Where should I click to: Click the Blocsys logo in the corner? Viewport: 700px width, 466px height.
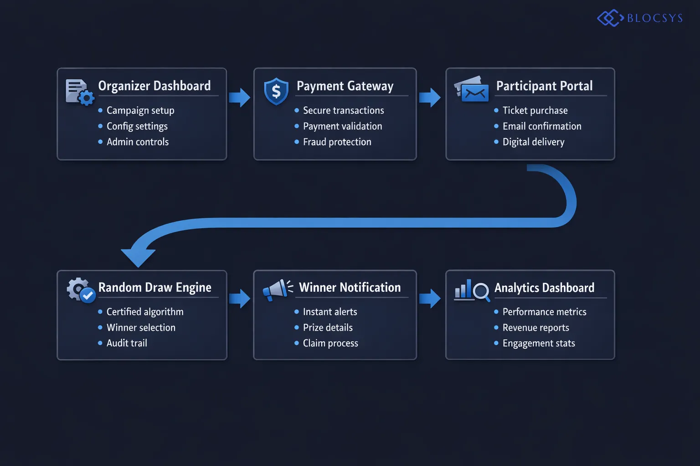[640, 18]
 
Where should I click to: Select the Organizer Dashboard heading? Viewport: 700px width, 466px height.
[154, 86]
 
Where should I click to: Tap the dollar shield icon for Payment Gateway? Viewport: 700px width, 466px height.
[276, 91]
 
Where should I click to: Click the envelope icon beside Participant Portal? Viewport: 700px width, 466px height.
[472, 89]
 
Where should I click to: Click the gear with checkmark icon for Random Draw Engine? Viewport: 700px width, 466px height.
[81, 290]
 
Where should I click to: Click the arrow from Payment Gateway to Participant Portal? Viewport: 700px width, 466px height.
[430, 97]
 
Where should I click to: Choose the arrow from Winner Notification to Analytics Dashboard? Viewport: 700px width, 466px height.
[430, 299]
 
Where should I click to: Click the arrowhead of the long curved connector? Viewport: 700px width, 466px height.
[138, 257]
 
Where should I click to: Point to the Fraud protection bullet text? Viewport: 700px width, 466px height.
[337, 142]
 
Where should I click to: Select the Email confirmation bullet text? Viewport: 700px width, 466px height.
[542, 126]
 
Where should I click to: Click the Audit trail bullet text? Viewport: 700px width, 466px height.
[127, 343]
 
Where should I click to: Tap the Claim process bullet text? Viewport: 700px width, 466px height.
[330, 343]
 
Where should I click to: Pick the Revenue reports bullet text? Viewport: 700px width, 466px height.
[535, 328]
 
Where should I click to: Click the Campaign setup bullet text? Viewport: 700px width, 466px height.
[140, 111]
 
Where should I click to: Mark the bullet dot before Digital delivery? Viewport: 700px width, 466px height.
[496, 142]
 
